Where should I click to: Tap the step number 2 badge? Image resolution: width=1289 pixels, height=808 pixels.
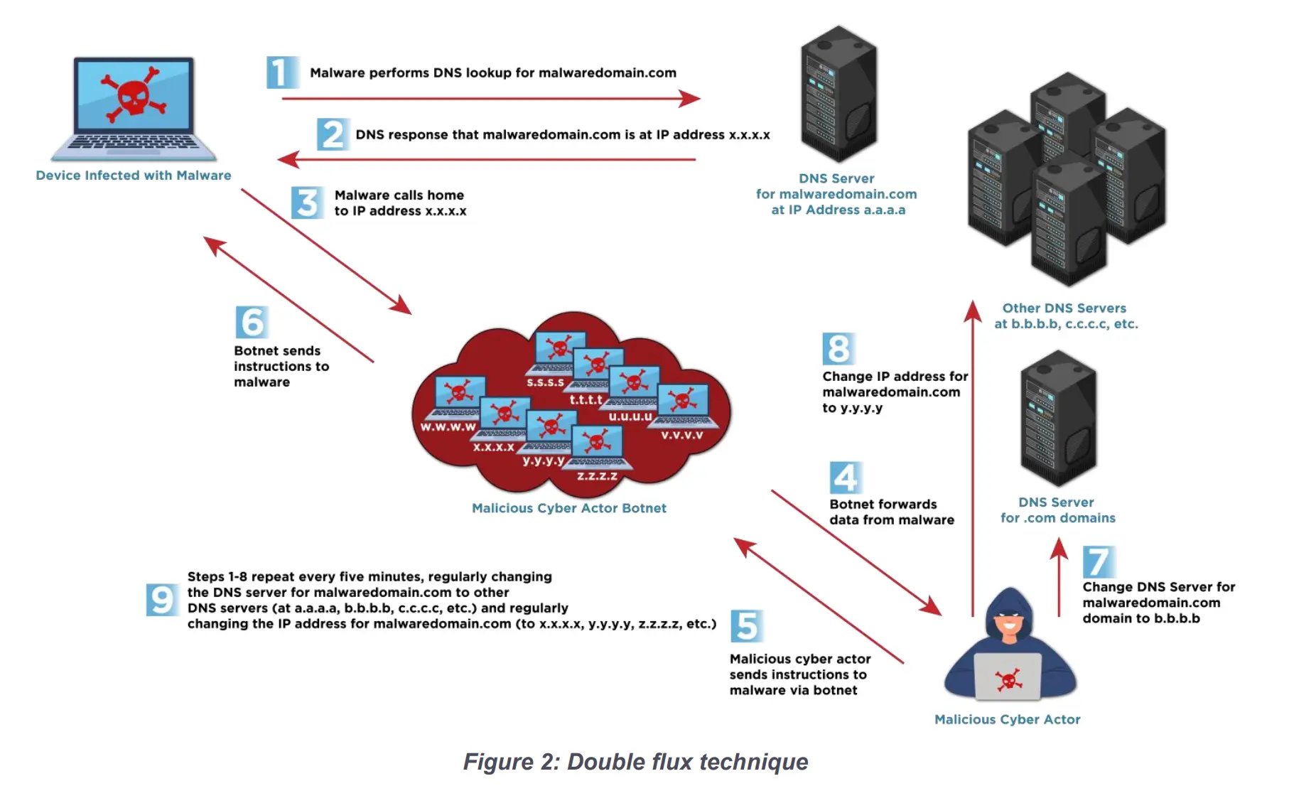pyautogui.click(x=332, y=134)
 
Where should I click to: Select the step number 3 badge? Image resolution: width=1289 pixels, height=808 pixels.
pyautogui.click(x=307, y=203)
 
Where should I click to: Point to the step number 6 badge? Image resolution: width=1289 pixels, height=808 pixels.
pyautogui.click(x=252, y=323)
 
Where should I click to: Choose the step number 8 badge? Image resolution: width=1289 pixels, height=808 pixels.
pyautogui.click(x=838, y=349)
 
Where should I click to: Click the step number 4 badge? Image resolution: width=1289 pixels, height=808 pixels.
pyautogui.click(x=845, y=478)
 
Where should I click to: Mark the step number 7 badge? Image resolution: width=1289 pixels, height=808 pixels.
pyautogui.click(x=1098, y=562)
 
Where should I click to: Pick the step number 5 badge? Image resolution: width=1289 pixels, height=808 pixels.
pyautogui.click(x=746, y=626)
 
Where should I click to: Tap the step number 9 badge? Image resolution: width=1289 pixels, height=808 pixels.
pyautogui.click(x=161, y=599)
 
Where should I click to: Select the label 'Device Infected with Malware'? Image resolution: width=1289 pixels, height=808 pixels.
pyautogui.click(x=134, y=176)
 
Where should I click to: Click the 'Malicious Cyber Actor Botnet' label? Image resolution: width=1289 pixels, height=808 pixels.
pyautogui.click(x=569, y=508)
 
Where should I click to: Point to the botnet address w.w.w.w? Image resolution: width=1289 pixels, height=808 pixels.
pyautogui.click(x=448, y=427)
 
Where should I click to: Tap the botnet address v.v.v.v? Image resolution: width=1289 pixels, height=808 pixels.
pyautogui.click(x=681, y=435)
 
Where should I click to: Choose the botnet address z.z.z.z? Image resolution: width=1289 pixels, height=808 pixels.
pyautogui.click(x=597, y=476)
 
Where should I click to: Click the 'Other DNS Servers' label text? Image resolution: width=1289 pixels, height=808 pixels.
pyautogui.click(x=1064, y=308)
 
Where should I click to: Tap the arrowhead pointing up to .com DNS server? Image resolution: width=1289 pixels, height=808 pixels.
pyautogui.click(x=1059, y=548)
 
